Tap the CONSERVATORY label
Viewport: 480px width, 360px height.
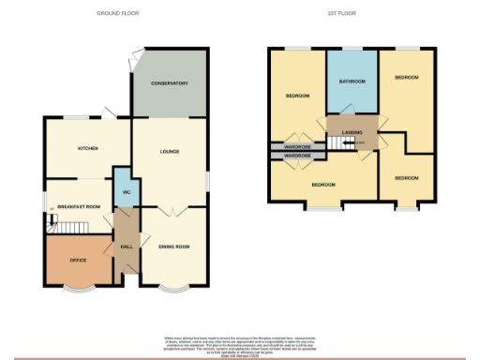(x=170, y=84)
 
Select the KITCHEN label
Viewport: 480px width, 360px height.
(x=88, y=148)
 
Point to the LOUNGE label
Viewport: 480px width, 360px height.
(x=169, y=152)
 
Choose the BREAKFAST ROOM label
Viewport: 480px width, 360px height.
(x=78, y=205)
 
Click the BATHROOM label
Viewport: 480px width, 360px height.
(x=352, y=81)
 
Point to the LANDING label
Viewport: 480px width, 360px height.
(x=352, y=132)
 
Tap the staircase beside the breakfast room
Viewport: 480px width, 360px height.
(x=67, y=226)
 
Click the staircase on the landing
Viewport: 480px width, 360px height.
(x=335, y=142)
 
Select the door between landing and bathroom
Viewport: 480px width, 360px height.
(x=352, y=116)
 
